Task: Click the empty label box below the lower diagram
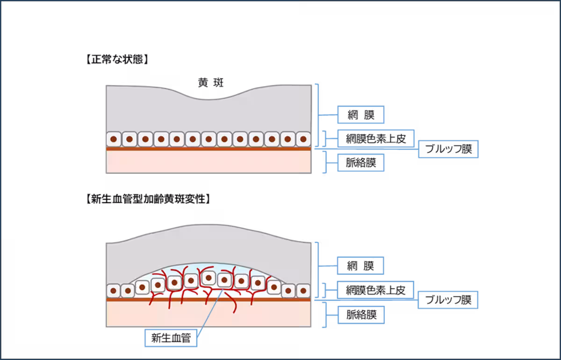(x=171, y=338)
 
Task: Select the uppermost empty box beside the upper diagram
(x=361, y=115)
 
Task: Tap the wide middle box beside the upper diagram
(x=376, y=138)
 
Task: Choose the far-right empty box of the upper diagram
(x=448, y=149)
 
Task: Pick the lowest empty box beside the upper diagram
(x=361, y=163)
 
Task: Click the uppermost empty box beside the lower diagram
(x=361, y=266)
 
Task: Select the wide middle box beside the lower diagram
(x=376, y=290)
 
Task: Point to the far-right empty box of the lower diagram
(x=448, y=300)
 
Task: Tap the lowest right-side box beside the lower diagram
(x=361, y=315)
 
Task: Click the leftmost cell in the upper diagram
(x=114, y=139)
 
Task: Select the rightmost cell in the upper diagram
(x=303, y=139)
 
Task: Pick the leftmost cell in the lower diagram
(x=113, y=291)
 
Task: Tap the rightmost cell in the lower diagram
(x=303, y=291)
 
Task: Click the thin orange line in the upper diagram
(x=209, y=149)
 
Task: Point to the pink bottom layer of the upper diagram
(x=209, y=162)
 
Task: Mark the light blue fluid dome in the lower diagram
(x=208, y=269)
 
